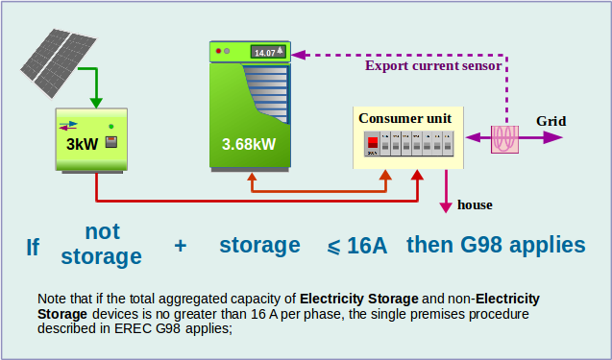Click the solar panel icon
click(59, 62)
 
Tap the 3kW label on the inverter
click(82, 144)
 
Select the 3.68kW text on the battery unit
click(249, 144)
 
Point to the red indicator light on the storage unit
click(219, 51)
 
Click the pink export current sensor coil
click(504, 139)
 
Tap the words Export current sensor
click(433, 65)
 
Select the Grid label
click(551, 121)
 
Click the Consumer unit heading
click(404, 118)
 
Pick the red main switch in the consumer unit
click(373, 144)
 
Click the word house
click(475, 204)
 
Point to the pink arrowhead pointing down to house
click(446, 206)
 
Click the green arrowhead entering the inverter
click(96, 103)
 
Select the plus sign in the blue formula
click(181, 246)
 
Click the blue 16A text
click(367, 246)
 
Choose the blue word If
click(33, 247)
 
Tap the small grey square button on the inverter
click(111, 142)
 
